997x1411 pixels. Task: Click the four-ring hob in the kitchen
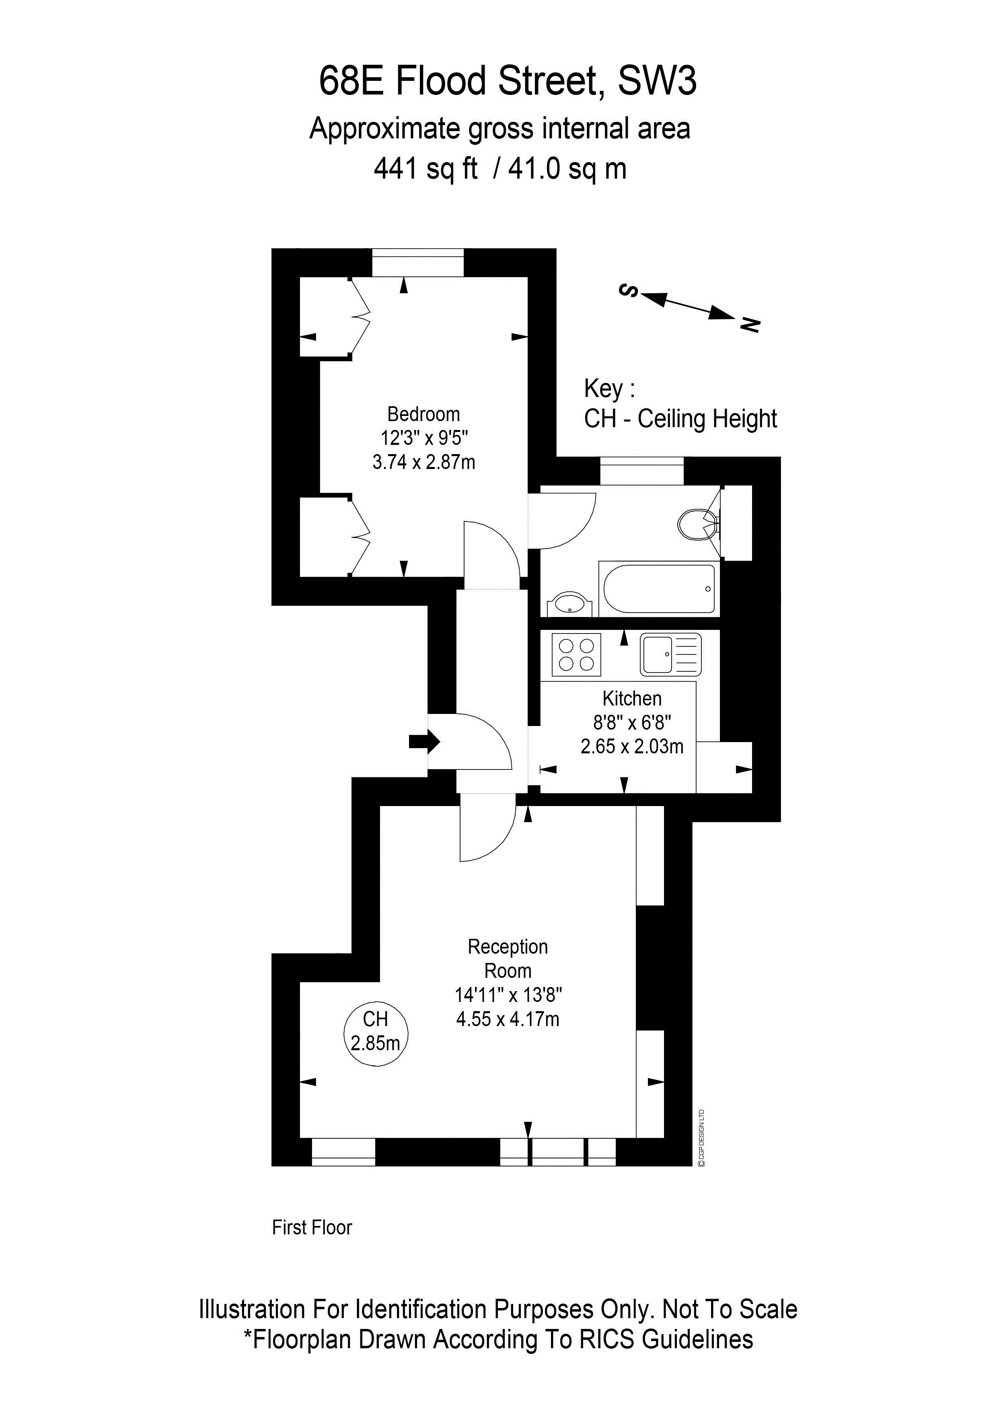576,654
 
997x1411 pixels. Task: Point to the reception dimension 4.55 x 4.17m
508,1020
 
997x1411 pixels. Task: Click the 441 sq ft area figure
425,169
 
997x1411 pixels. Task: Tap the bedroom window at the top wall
418,262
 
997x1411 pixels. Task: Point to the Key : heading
609,389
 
